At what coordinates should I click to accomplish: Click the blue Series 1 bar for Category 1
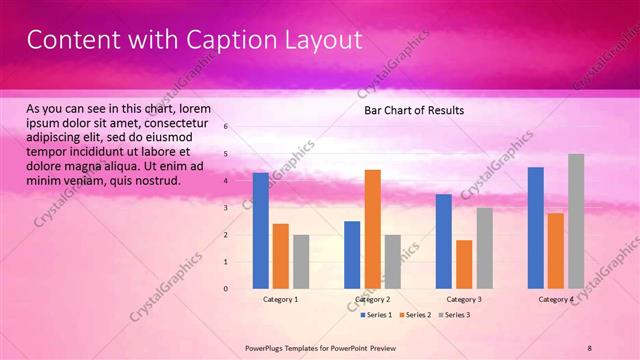(x=260, y=231)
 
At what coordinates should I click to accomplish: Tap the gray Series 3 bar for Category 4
(x=576, y=221)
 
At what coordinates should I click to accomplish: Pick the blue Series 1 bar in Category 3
(x=444, y=241)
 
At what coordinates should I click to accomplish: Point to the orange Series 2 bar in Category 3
(x=464, y=264)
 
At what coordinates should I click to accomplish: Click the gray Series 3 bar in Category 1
(x=301, y=262)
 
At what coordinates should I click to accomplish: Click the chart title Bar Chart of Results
(x=413, y=110)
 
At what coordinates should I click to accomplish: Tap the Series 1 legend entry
(x=376, y=315)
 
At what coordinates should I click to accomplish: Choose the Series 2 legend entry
(x=416, y=315)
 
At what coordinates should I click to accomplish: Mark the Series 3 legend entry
(x=455, y=315)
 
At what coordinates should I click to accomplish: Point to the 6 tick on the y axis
(x=226, y=127)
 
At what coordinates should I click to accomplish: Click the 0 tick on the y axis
(x=226, y=289)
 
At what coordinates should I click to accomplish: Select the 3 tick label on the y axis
(x=226, y=208)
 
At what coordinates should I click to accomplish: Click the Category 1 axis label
(x=280, y=299)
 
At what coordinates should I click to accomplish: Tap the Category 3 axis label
(x=464, y=299)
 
